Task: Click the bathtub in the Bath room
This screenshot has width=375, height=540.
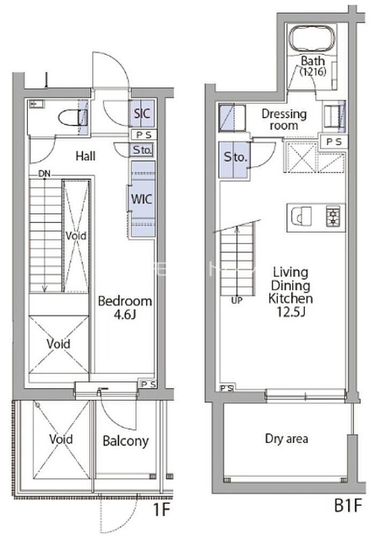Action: pyautogui.click(x=312, y=39)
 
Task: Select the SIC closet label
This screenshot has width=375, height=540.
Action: pyautogui.click(x=142, y=113)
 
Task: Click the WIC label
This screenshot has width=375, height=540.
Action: pyautogui.click(x=141, y=199)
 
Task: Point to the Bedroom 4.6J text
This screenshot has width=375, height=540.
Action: pyautogui.click(x=125, y=307)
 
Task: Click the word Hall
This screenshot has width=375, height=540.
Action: pyautogui.click(x=86, y=156)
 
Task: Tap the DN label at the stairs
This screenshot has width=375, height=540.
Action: pyautogui.click(x=44, y=174)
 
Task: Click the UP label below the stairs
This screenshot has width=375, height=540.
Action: pyautogui.click(x=237, y=301)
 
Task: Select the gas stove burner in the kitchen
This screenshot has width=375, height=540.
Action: pyautogui.click(x=333, y=216)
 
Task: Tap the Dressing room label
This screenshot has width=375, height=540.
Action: pyautogui.click(x=284, y=119)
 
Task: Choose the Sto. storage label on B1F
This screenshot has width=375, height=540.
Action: pyautogui.click(x=235, y=157)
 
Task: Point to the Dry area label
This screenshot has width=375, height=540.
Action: pyautogui.click(x=287, y=439)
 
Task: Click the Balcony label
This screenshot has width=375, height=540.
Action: pyautogui.click(x=126, y=441)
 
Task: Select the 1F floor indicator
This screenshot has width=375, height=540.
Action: pyautogui.click(x=162, y=509)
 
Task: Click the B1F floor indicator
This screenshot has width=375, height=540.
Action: pyautogui.click(x=348, y=505)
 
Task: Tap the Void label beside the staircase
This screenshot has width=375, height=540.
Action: pyautogui.click(x=76, y=236)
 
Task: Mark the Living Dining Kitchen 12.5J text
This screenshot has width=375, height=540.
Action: pyautogui.click(x=290, y=292)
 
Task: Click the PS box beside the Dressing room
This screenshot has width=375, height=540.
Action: pyautogui.click(x=334, y=141)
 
